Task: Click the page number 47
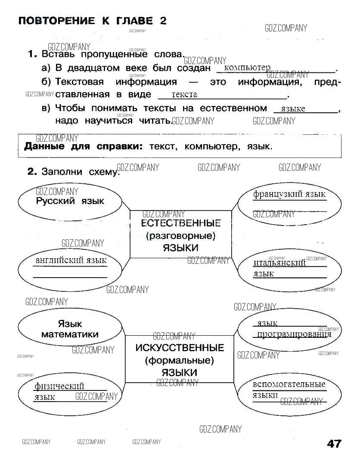tap(334, 444)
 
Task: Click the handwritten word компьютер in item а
tap(247, 68)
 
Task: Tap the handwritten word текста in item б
tap(184, 94)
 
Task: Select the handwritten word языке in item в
tap(292, 108)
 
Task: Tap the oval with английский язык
tap(70, 267)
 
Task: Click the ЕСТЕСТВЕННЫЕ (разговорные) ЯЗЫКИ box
tap(180, 235)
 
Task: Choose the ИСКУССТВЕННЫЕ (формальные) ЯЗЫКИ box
tap(180, 359)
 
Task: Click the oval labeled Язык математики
tap(70, 330)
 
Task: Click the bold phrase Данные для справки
tap(83, 146)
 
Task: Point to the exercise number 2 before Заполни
tap(32, 171)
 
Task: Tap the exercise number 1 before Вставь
tap(31, 54)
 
